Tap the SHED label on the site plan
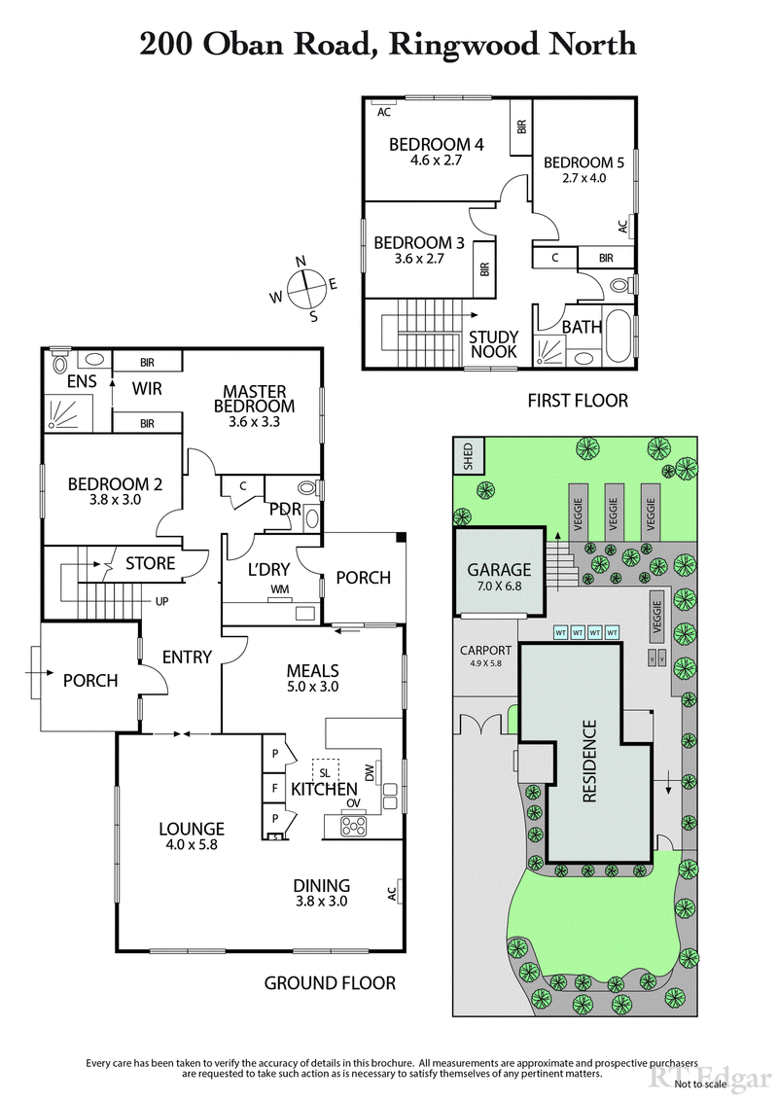point(468,456)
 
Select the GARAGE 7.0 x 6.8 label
point(499,578)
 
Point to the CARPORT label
point(485,657)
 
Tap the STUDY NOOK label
point(494,344)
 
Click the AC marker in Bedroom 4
point(384,112)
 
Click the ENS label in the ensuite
point(81,381)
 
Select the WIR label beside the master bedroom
point(146,388)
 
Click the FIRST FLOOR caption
point(577,400)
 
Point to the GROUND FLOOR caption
point(330,983)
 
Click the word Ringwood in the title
point(456,44)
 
